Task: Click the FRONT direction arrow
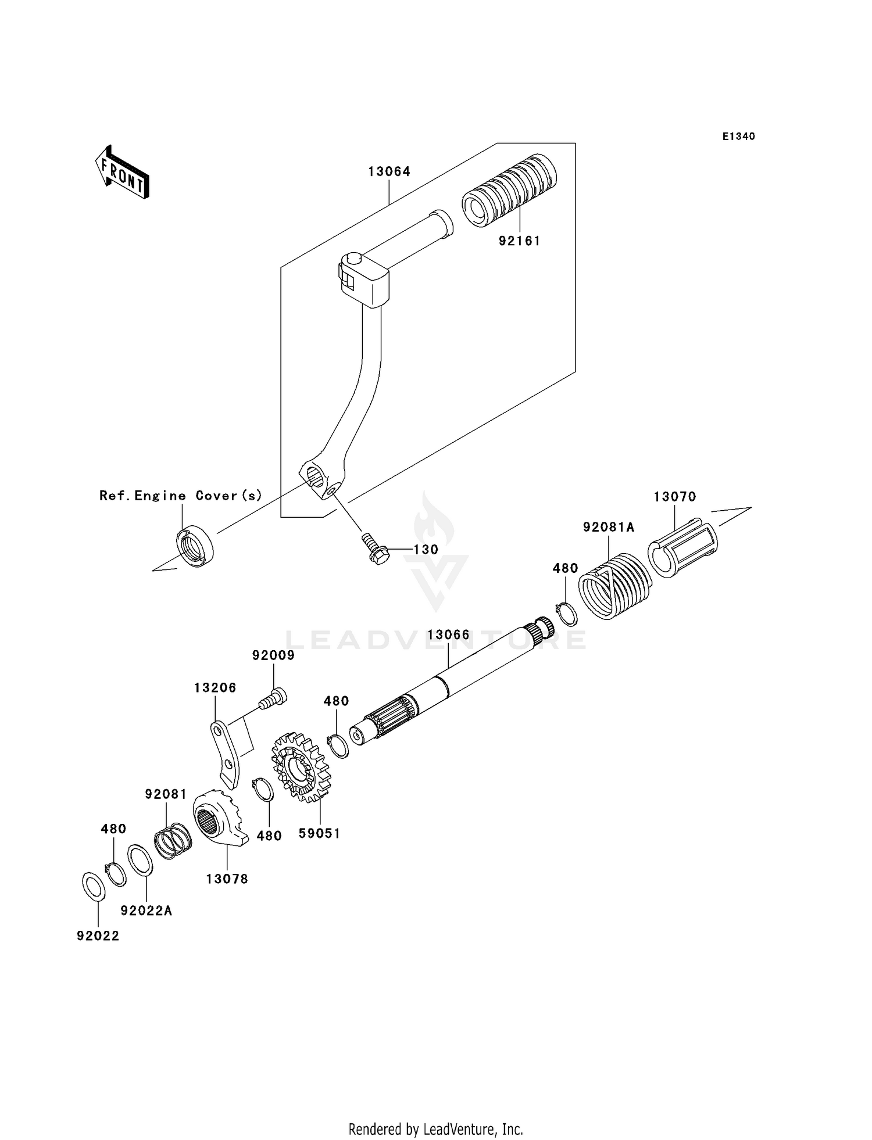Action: tap(123, 173)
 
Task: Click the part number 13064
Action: tap(389, 171)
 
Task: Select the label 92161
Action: tap(519, 241)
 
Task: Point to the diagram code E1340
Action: tap(738, 137)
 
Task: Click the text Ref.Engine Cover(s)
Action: tap(181, 496)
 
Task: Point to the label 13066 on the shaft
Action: tap(448, 634)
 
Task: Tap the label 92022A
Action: tap(146, 910)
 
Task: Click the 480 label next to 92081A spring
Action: tap(565, 568)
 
